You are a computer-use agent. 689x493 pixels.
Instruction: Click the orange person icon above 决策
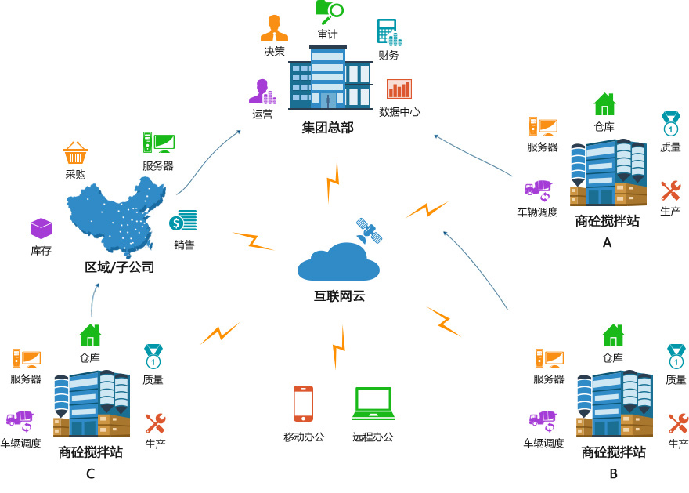274,28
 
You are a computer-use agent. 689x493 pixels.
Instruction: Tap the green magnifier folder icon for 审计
330,12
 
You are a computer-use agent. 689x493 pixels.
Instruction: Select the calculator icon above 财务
389,33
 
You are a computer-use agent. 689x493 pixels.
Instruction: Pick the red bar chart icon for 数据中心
399,89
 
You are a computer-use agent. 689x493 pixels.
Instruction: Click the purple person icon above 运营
263,92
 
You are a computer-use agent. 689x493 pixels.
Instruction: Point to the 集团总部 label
328,128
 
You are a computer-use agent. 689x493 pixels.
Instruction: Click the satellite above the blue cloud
369,230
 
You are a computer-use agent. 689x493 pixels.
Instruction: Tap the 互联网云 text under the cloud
339,296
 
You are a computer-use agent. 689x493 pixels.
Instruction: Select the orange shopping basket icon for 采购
75,153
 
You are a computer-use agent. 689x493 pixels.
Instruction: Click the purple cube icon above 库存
41,229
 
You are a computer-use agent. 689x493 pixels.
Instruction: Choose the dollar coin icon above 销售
182,220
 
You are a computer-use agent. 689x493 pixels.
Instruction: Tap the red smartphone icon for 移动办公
303,404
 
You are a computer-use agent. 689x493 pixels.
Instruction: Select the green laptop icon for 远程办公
373,404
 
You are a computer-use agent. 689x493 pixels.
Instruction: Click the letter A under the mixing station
607,242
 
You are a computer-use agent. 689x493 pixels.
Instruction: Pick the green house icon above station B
613,335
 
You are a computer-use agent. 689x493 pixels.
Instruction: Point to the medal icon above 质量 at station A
670,124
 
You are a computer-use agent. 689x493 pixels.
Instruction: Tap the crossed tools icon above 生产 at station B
679,423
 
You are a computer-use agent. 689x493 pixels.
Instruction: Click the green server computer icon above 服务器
159,143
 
